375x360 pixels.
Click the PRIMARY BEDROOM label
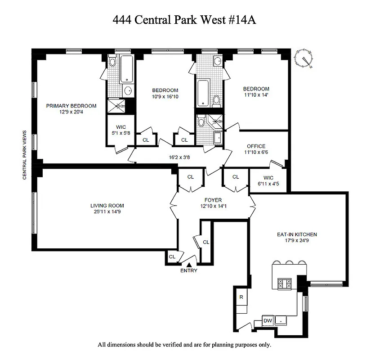coord(71,106)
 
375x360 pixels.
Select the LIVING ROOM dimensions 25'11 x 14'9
coord(107,212)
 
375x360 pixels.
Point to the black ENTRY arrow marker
coord(189,265)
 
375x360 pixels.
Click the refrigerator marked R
coord(241,297)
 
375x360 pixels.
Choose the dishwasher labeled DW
coord(268,320)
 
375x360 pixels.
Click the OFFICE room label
coord(256,146)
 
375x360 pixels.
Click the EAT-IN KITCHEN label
coord(297,234)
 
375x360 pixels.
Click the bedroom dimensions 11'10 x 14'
coord(256,95)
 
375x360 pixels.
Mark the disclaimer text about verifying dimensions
coord(185,345)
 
